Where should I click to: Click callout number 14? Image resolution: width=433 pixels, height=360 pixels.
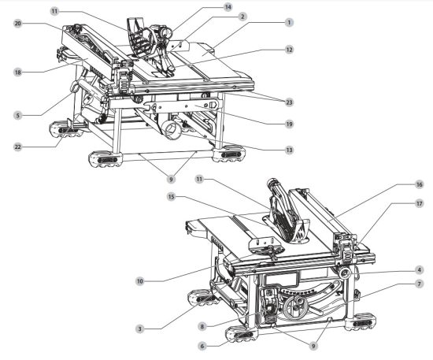pos(228,7)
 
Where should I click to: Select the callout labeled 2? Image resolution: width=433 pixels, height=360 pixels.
pos(242,17)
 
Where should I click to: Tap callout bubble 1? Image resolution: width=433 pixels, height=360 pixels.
pos(289,23)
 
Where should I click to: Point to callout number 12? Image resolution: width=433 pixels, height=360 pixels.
pos(289,50)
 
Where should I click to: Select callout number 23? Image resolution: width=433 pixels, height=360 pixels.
pos(289,101)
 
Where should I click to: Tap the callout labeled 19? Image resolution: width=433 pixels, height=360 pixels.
pos(289,124)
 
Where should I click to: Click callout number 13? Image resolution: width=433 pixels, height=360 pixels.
pos(289,150)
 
